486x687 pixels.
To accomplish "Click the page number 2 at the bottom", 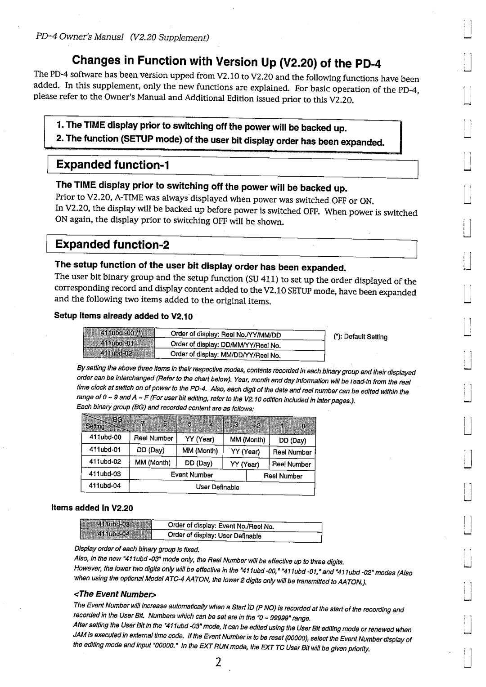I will (x=218, y=663).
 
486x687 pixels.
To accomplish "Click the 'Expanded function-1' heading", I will (x=112, y=165).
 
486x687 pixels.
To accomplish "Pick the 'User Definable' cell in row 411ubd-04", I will (x=217, y=487).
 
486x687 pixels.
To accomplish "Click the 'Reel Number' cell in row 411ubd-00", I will (x=153, y=438).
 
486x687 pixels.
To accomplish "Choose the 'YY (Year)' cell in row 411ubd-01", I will (x=245, y=451).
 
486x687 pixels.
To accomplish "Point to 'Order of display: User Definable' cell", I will (x=214, y=536).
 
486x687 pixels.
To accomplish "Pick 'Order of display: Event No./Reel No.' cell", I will (x=220, y=526).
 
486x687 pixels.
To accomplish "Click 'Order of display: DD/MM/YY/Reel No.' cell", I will (x=225, y=345).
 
